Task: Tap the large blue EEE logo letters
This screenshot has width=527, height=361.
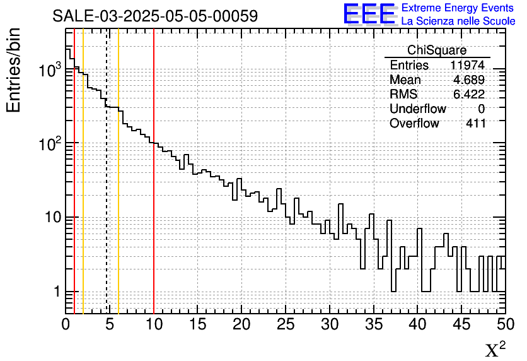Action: point(369,14)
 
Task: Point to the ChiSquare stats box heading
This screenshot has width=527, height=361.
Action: point(437,50)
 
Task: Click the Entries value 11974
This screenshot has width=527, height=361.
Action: point(467,66)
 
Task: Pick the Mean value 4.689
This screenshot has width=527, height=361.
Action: point(469,80)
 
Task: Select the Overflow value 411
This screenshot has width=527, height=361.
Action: point(475,124)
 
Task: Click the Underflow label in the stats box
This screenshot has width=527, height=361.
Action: point(417,109)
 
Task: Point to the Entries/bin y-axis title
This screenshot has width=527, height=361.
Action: point(14,69)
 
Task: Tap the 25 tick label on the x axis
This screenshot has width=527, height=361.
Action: point(286,324)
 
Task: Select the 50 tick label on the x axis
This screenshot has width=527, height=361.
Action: point(504,324)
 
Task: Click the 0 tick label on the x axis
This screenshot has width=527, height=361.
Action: point(66,324)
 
